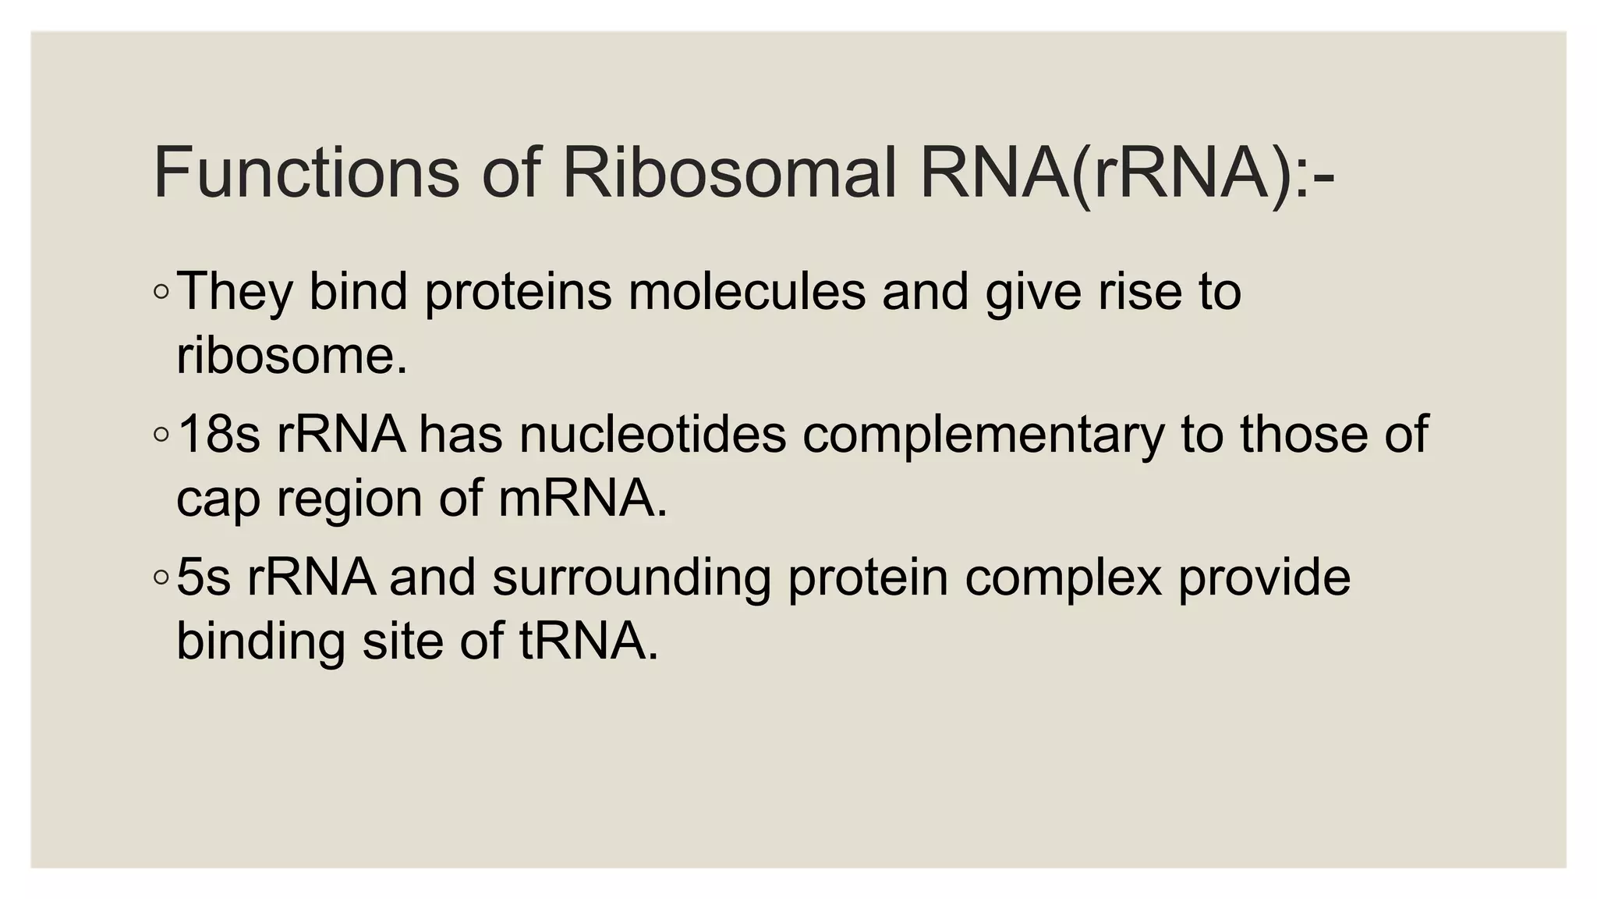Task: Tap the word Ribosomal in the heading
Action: [x=728, y=173]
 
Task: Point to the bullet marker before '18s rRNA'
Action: [x=161, y=435]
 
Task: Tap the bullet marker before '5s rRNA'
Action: [x=161, y=578]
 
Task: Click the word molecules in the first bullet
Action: [x=746, y=292]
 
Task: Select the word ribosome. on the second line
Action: [x=292, y=356]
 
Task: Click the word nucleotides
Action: [x=653, y=435]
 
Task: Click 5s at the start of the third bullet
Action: [x=204, y=578]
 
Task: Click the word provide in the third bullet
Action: [x=1264, y=578]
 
